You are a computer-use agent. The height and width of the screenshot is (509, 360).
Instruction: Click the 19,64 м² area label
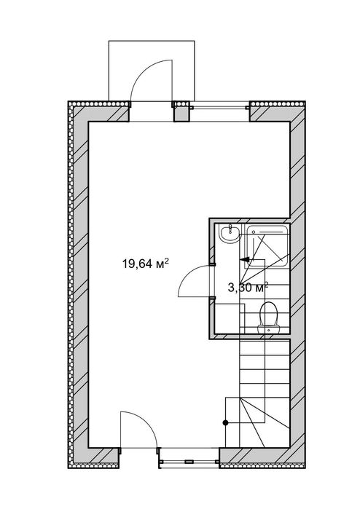coord(145,264)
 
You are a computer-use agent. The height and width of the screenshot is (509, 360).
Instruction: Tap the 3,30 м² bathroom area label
coord(248,288)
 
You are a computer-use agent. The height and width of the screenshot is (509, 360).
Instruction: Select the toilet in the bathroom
coord(269,317)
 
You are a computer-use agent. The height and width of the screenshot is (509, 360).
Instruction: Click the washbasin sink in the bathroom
coord(230,234)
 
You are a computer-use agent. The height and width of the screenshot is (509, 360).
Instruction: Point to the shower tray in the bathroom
coord(267,245)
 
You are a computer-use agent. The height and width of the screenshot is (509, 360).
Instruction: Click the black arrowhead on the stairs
coord(245,259)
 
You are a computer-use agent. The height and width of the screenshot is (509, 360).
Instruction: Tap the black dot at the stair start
coord(225,422)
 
